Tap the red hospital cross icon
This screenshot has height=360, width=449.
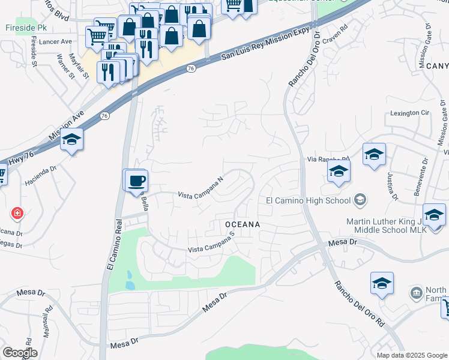[17, 213]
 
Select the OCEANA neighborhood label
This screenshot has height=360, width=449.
[242, 224]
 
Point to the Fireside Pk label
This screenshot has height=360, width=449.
[23, 28]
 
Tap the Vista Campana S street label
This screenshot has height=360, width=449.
[211, 245]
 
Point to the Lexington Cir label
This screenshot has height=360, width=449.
[411, 112]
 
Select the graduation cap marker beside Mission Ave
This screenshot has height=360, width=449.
[71, 140]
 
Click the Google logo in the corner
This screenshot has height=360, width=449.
[20, 353]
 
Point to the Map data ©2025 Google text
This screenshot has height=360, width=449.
[412, 355]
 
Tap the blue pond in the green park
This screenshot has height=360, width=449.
[130, 280]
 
